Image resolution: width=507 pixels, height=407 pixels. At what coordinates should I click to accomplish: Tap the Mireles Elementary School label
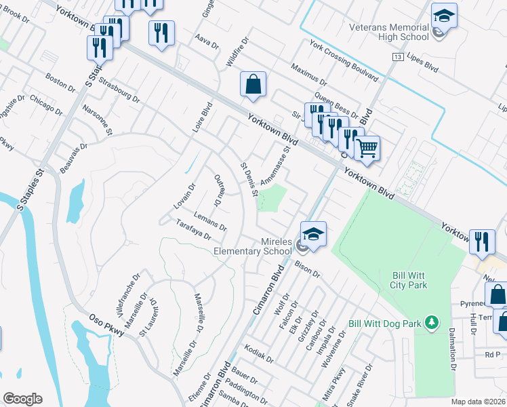(x=253, y=246)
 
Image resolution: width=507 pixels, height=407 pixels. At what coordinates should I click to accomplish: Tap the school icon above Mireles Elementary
(x=313, y=235)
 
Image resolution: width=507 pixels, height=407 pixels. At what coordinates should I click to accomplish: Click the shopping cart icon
(x=367, y=147)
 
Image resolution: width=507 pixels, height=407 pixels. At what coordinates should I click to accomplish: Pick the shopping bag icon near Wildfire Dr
(x=253, y=85)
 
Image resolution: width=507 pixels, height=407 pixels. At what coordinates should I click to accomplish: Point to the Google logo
(x=22, y=398)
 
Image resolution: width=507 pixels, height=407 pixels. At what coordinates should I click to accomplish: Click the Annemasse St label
(x=279, y=165)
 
